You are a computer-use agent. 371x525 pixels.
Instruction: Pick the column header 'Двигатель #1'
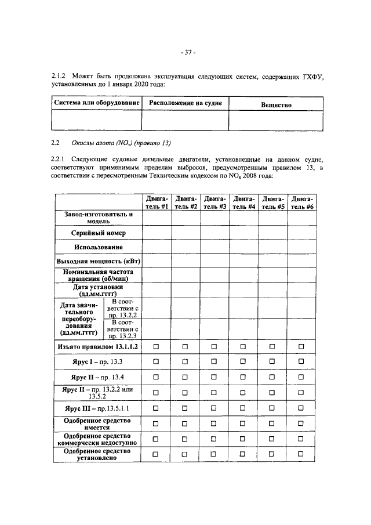[157, 202]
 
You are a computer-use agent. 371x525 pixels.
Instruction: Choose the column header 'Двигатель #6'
[301, 202]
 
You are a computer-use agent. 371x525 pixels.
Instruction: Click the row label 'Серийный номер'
[98, 233]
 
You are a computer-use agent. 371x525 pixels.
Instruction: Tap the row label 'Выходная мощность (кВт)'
[98, 262]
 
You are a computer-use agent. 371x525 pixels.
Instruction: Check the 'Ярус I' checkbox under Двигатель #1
[157, 361]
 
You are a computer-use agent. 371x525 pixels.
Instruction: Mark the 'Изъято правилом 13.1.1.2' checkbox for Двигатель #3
[214, 346]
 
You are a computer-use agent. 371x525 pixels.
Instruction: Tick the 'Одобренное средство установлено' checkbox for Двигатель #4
[243, 454]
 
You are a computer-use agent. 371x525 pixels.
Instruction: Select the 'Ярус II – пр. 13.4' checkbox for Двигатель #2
[185, 377]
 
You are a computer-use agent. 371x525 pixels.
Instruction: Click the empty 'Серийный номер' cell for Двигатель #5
[272, 233]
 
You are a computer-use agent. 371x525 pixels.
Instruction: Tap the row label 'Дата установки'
[98, 290]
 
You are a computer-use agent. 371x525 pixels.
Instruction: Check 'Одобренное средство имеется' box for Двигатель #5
[272, 424]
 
